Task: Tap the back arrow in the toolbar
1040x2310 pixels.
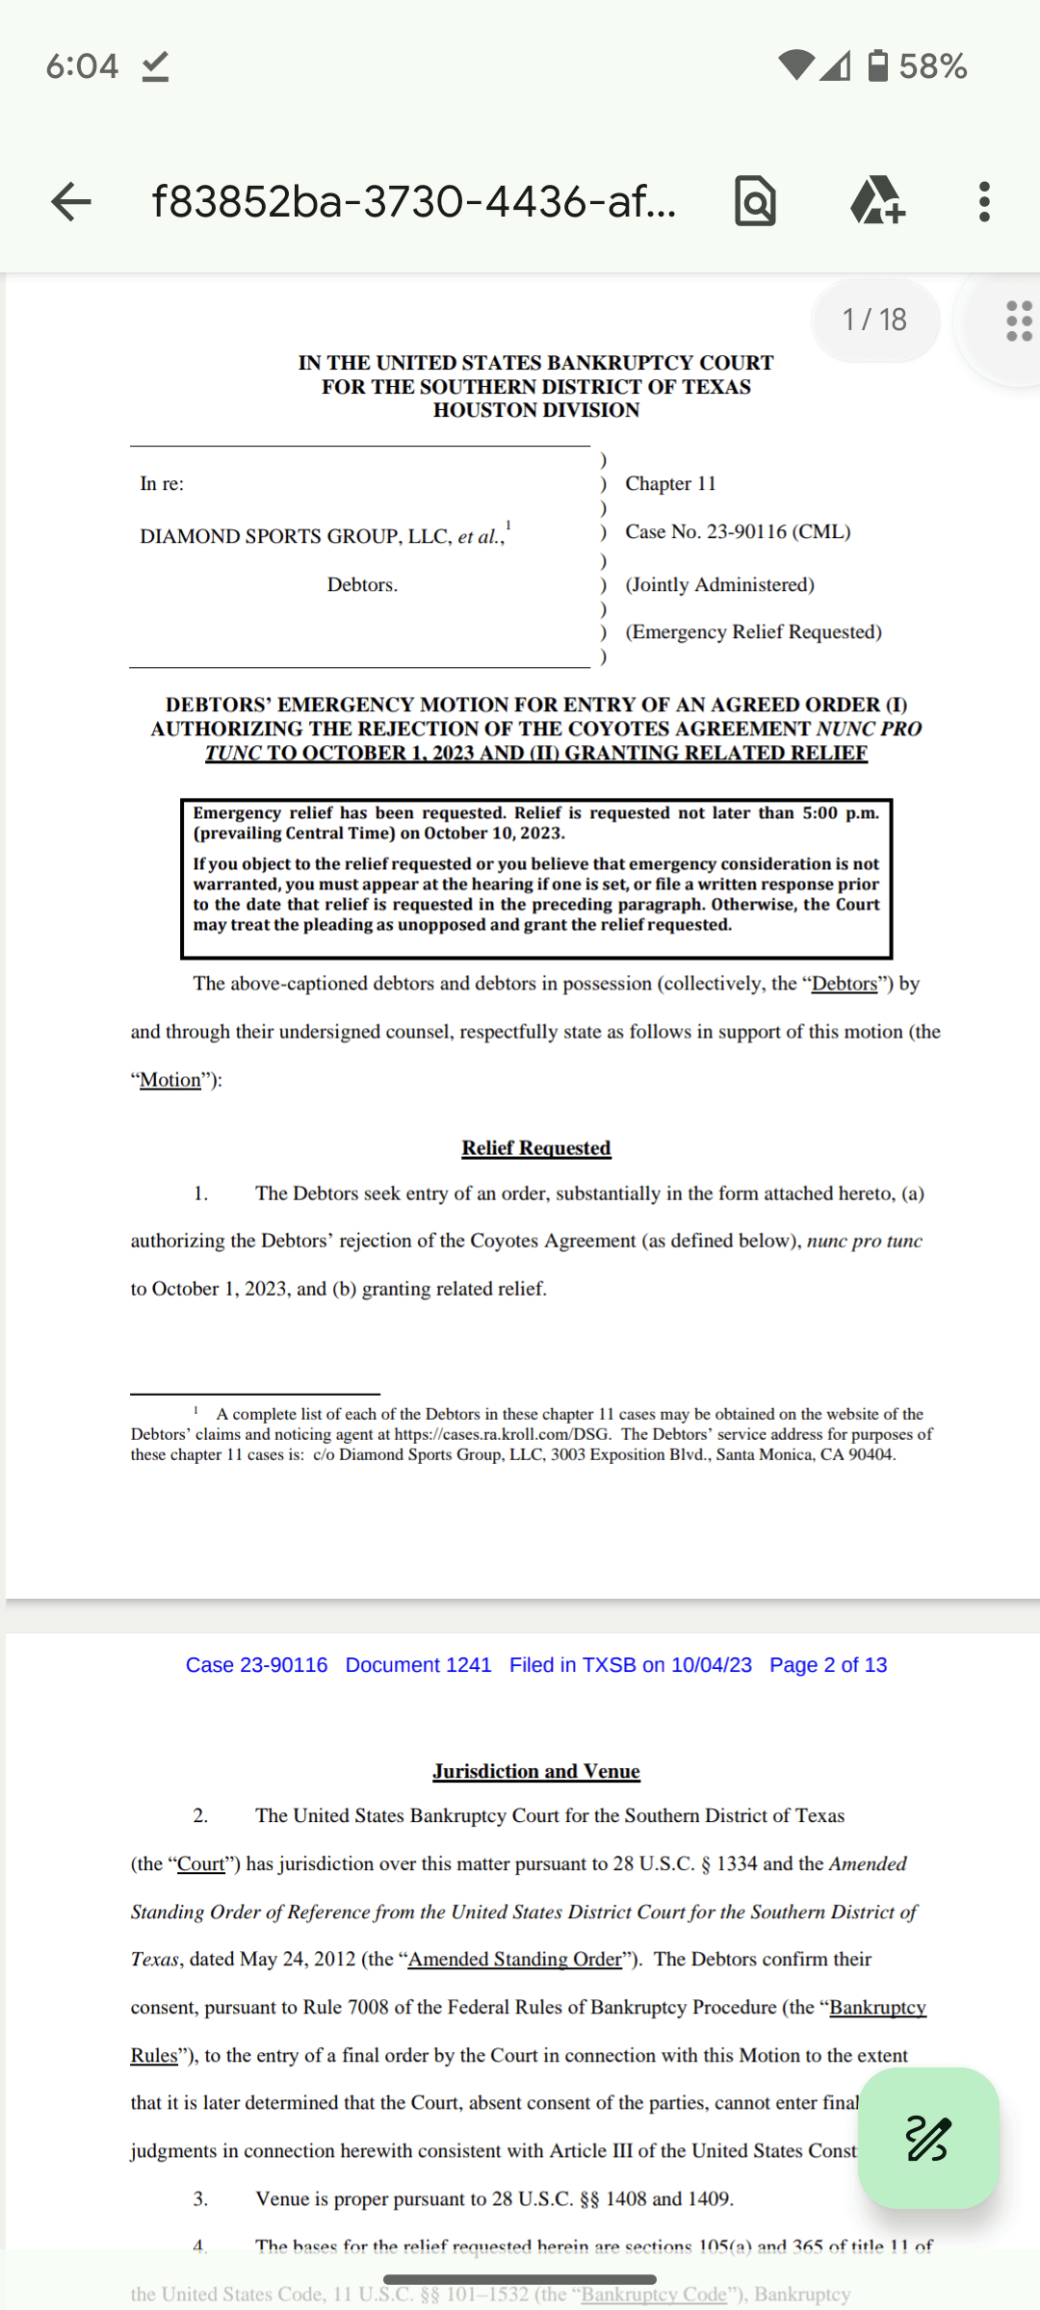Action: (x=71, y=202)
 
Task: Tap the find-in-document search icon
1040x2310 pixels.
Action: (x=755, y=202)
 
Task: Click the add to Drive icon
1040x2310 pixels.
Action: (x=876, y=201)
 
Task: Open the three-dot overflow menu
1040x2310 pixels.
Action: (x=983, y=202)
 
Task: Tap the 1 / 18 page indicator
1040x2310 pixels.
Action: (x=874, y=320)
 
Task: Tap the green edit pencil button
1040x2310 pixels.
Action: (x=928, y=2139)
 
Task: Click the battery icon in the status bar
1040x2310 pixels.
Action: (x=878, y=65)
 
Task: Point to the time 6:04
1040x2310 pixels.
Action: (x=82, y=66)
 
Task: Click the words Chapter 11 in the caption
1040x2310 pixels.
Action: (x=670, y=483)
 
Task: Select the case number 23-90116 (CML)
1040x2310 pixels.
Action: (x=738, y=531)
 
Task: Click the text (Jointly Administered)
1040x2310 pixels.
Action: (x=719, y=584)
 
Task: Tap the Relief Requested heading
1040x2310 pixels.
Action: (x=535, y=1147)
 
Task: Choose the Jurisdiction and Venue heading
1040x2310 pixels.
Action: (x=535, y=1771)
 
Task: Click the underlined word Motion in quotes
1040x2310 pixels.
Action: (x=170, y=1080)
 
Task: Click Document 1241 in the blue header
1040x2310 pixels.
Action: (x=418, y=1665)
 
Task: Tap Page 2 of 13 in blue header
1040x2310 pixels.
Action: (x=828, y=1665)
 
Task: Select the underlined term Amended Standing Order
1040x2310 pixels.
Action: (x=515, y=1959)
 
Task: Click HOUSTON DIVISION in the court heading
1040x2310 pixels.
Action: (x=535, y=410)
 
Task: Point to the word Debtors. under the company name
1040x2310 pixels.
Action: (x=362, y=584)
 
